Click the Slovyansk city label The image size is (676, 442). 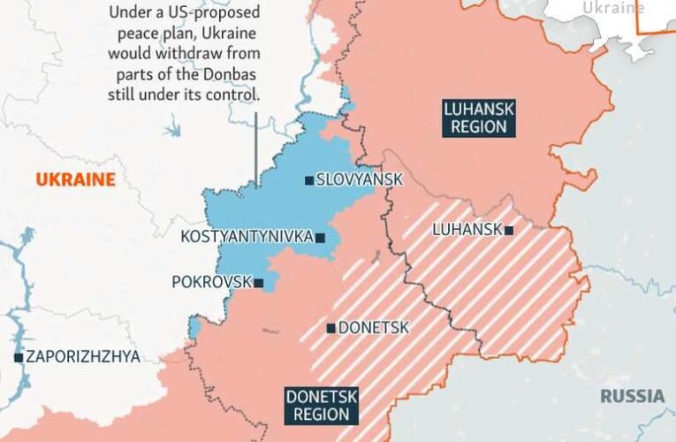[x=359, y=179]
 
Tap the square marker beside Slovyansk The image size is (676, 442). [x=308, y=180]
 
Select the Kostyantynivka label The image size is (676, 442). [x=247, y=237]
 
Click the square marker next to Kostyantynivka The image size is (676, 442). [x=320, y=238]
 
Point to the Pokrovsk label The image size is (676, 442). [x=211, y=283]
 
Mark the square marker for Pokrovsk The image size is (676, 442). [x=259, y=284]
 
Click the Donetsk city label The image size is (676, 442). [x=374, y=328]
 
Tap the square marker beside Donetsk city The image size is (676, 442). [x=331, y=329]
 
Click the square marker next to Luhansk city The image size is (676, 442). [x=509, y=230]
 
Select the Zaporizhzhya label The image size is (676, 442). [x=83, y=357]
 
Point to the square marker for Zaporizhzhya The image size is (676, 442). [x=19, y=358]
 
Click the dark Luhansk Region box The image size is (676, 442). [x=477, y=118]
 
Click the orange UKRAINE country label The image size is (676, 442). [x=75, y=180]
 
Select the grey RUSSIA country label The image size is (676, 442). [x=632, y=395]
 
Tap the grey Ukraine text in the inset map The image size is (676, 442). [x=612, y=7]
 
